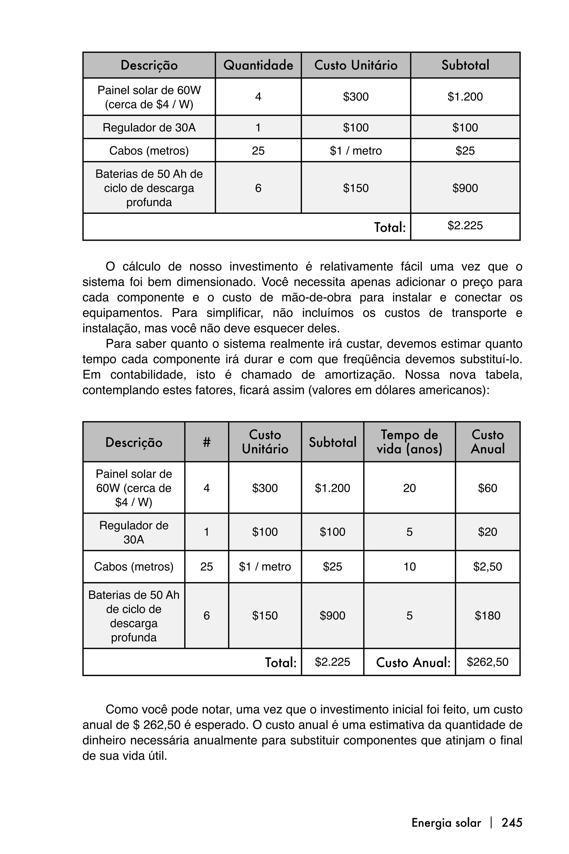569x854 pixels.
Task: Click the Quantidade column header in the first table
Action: (258, 65)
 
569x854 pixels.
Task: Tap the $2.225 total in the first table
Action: (465, 226)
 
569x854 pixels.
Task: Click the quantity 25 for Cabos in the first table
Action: (258, 151)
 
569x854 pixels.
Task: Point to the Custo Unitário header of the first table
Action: (356, 65)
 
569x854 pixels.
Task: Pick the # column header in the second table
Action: (206, 442)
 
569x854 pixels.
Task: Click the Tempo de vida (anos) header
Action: (409, 442)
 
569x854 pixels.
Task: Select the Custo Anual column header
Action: (487, 442)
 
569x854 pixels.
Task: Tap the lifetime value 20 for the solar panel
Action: (409, 488)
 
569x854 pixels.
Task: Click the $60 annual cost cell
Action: (487, 488)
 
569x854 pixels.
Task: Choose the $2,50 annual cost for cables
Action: (487, 567)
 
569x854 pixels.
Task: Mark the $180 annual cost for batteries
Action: (487, 615)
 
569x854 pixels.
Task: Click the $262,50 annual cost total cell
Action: (487, 662)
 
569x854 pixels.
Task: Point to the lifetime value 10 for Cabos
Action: (409, 567)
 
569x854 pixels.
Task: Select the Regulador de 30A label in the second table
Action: (134, 532)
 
